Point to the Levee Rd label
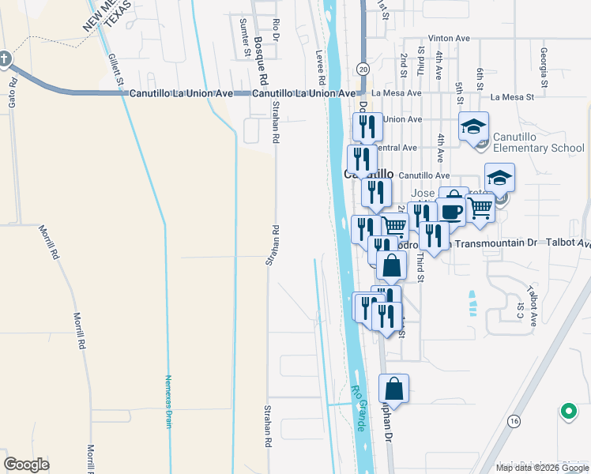(321, 68)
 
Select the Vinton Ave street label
(449, 38)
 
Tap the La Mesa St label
(513, 97)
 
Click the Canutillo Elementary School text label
(539, 142)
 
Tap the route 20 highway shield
(363, 69)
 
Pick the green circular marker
(567, 412)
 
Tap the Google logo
(26, 464)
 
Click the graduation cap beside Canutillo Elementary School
(474, 127)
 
